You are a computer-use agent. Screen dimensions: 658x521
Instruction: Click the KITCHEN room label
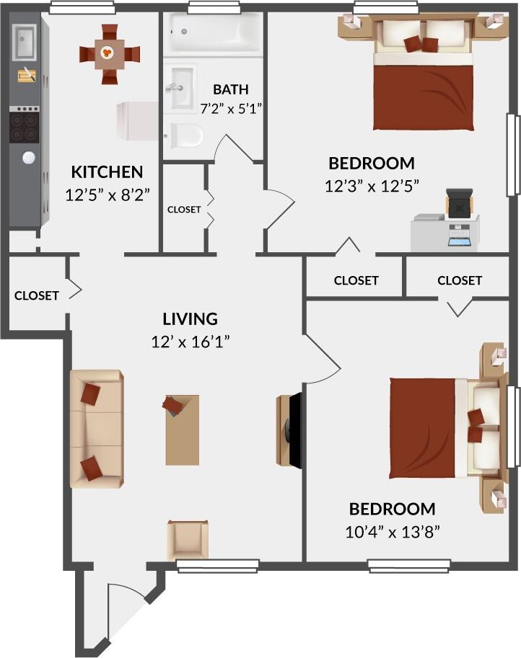107,172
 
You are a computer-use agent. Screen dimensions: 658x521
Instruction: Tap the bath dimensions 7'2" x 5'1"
230,108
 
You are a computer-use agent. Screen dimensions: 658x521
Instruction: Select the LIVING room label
190,319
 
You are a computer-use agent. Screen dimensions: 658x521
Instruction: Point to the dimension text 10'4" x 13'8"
393,532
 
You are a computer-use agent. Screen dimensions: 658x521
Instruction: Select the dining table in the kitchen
108,53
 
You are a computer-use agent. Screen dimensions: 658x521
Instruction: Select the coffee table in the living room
182,430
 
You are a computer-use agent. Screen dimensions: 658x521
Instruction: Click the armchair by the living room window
188,539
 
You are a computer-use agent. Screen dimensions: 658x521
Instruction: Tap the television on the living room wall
290,430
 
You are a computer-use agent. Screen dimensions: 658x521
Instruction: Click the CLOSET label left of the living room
36,295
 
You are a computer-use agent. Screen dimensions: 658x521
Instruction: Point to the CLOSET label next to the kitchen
184,210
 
